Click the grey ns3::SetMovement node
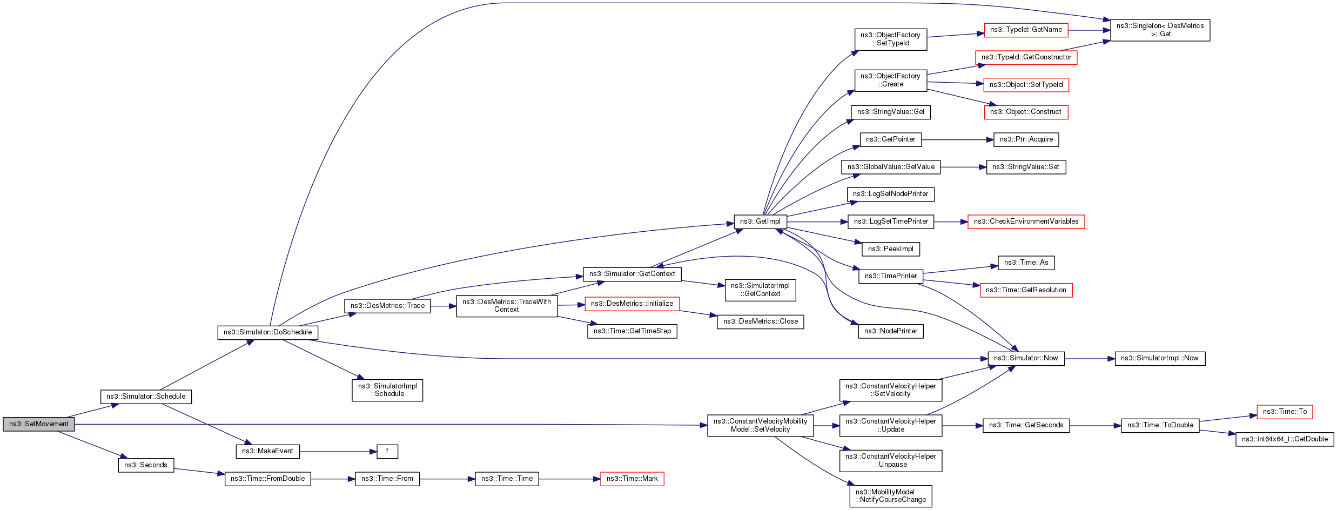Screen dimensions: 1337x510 tap(39, 424)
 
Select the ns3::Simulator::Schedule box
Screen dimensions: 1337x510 tap(146, 397)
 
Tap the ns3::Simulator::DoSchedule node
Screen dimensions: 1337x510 tap(267, 332)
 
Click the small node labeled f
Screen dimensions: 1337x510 tap(387, 451)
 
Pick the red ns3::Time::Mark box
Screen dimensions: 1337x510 tap(632, 479)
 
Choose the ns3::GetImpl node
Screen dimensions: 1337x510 tap(760, 222)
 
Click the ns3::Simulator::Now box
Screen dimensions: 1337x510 tap(1026, 359)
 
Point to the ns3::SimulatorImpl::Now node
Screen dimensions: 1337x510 tap(1160, 359)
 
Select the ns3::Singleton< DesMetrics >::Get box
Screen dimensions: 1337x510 tap(1160, 30)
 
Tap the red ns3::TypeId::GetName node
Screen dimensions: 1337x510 tap(1026, 30)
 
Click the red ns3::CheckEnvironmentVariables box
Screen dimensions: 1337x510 tap(1026, 222)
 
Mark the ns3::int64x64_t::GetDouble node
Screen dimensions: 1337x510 tap(1285, 439)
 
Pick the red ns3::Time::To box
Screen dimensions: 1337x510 tap(1285, 412)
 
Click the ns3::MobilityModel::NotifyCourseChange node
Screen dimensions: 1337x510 tap(891, 496)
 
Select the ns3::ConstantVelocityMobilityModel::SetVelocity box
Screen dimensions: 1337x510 tap(760, 426)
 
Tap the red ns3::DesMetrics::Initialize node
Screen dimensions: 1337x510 tap(632, 304)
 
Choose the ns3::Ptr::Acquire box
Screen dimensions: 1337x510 tap(1026, 139)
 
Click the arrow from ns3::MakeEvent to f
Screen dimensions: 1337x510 tap(338, 452)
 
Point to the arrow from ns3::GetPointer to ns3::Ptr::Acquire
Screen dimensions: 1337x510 tap(958, 140)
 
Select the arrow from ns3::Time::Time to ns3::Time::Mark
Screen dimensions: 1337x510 tap(569, 479)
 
